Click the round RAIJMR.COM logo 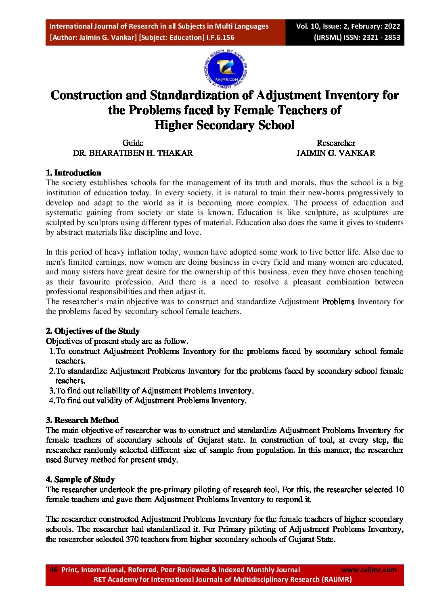point(226,69)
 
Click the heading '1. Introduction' point(73,173)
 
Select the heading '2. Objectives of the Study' point(93,331)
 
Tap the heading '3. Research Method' point(82,420)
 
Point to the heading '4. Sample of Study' point(80,479)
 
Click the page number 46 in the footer point(53,570)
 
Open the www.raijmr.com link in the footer point(369,570)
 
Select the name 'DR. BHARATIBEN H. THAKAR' point(133,153)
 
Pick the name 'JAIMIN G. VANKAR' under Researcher point(335,153)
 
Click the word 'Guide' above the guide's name point(133,143)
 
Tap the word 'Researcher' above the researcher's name point(336,143)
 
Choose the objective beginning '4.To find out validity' point(148,400)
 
